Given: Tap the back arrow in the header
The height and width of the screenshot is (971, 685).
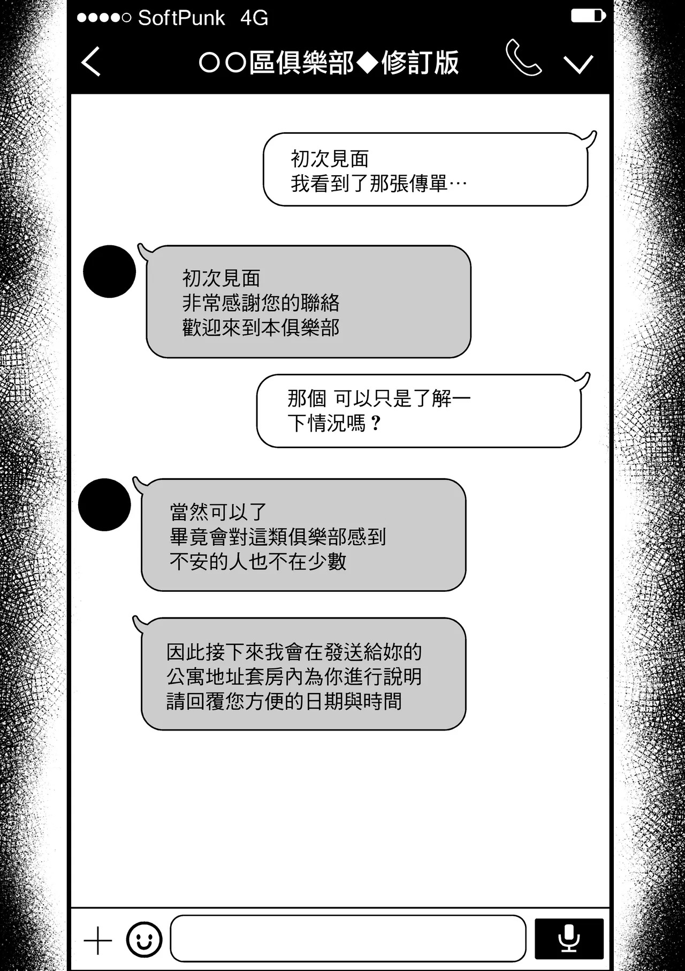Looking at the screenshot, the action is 90,62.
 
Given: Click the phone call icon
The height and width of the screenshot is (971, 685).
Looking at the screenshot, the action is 523,57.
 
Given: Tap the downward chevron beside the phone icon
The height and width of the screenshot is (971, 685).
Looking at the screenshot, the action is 579,64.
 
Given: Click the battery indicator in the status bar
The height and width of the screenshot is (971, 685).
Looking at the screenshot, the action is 588,16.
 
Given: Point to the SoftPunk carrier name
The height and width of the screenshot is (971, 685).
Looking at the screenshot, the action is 181,18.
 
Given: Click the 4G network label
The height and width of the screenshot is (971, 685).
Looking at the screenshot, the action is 254,18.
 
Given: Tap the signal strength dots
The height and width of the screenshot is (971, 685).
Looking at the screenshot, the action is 104,18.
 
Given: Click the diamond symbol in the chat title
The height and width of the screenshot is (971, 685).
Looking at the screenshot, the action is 368,63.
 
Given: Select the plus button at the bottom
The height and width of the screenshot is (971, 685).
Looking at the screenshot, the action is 98,940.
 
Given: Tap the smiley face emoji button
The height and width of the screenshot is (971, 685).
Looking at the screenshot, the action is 144,939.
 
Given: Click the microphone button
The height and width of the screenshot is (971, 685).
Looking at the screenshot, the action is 569,939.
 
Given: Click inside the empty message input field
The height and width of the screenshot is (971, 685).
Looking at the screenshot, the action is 348,938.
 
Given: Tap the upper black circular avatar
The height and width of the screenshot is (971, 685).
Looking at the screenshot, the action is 110,272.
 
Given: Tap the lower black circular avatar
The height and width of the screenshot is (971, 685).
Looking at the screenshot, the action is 104,505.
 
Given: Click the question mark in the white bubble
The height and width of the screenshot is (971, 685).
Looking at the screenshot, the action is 376,423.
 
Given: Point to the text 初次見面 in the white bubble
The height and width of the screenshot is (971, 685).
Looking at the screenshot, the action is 330,159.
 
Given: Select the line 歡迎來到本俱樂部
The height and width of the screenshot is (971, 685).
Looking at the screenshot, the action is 261,328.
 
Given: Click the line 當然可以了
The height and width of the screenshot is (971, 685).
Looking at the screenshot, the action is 218,512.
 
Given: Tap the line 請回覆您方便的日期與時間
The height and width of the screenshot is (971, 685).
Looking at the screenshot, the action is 284,701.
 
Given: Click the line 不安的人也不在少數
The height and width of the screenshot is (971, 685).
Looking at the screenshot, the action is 258,561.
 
